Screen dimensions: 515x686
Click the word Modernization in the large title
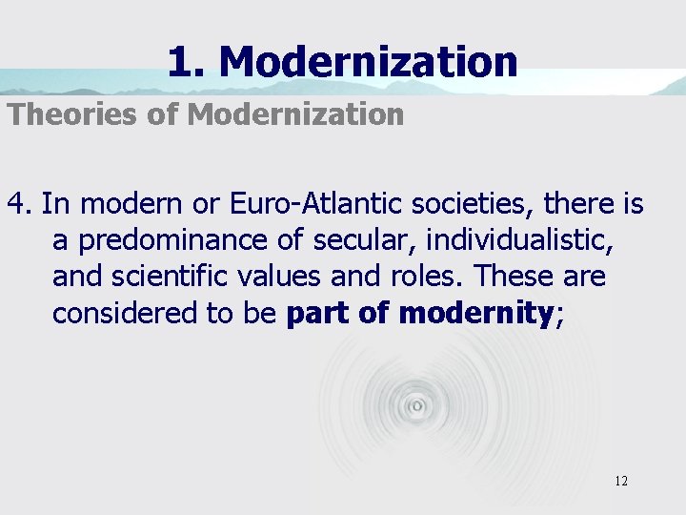[x=368, y=62]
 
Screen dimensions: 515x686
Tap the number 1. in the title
[x=187, y=62]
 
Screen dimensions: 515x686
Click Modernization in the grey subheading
[x=295, y=115]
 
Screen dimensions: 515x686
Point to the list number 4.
[x=20, y=204]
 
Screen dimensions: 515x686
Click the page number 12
[x=620, y=481]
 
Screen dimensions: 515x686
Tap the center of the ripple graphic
[x=416, y=405]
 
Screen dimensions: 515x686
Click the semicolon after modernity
[x=559, y=315]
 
